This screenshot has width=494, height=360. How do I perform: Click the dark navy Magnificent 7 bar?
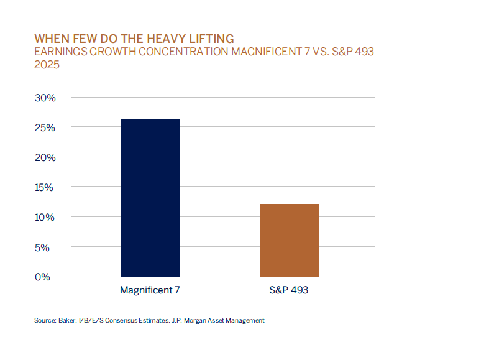(150, 198)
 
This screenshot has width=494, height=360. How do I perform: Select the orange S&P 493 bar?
(290, 240)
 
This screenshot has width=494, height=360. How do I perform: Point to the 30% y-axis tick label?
(45, 98)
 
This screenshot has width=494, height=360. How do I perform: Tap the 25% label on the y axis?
(45, 127)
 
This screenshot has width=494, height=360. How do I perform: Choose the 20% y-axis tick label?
(45, 157)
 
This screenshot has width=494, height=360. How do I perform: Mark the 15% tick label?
(45, 187)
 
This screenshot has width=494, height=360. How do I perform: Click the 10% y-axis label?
(45, 217)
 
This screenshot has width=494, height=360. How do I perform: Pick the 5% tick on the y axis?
(47, 247)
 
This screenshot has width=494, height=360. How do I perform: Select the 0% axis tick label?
(47, 277)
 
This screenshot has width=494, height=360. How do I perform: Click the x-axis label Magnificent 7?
(150, 290)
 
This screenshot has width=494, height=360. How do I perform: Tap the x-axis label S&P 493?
(290, 290)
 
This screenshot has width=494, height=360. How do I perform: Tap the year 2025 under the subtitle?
(47, 65)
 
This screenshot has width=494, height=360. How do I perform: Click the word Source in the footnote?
(43, 321)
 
